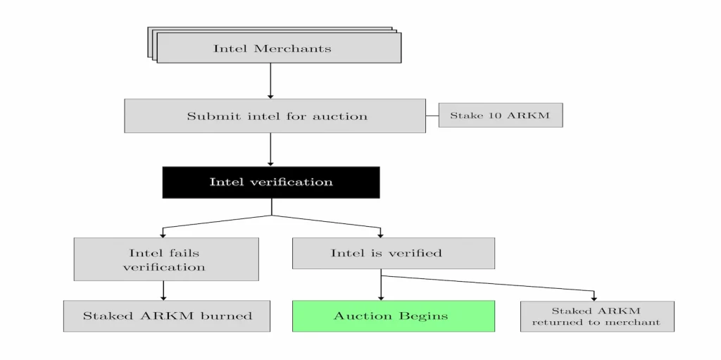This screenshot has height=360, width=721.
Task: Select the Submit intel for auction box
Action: tap(275, 116)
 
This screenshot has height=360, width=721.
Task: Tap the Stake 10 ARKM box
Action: tap(500, 115)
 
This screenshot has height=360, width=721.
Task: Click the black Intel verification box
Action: tap(271, 182)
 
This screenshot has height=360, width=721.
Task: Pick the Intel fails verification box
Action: tap(165, 259)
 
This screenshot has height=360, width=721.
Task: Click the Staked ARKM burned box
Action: tap(167, 316)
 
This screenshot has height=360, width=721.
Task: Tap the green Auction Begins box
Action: tap(393, 316)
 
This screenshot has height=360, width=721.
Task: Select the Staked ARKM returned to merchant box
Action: tap(596, 316)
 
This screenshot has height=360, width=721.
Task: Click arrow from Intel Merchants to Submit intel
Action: tap(270, 81)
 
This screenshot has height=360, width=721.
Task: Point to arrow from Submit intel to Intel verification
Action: tap(270, 149)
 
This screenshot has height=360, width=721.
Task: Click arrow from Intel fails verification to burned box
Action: tap(163, 290)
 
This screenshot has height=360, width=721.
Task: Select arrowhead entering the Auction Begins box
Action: tap(381, 297)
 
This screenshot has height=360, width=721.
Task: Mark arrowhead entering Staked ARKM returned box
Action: tap(594, 297)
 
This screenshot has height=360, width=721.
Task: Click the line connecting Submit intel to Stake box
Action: tap(432, 116)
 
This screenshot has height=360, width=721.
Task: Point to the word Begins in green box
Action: tap(421, 316)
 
